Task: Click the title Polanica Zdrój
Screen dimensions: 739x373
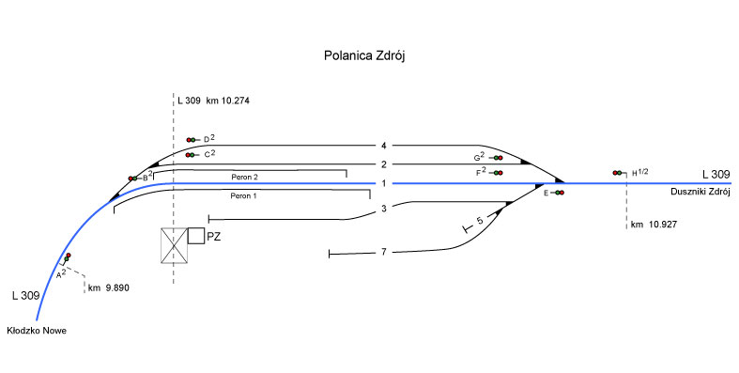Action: tap(364, 55)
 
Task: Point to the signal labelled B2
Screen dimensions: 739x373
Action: tap(135, 179)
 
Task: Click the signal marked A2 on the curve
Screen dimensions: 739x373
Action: tap(67, 258)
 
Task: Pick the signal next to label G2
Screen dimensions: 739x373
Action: tap(496, 158)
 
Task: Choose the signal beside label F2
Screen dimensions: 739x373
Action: tap(496, 173)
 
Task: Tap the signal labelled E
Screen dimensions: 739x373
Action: tap(557, 193)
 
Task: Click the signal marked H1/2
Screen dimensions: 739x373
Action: tap(620, 173)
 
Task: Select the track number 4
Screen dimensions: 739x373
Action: tap(384, 146)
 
